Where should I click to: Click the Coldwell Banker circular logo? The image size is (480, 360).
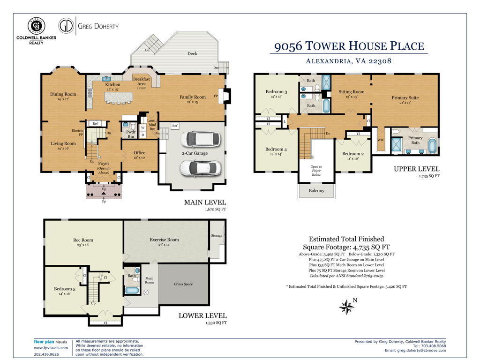click(37, 26)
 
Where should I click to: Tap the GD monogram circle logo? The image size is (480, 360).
click(66, 26)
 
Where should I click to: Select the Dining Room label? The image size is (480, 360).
click(63, 94)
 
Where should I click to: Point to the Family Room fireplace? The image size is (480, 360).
click(226, 96)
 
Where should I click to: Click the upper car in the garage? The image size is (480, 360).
click(201, 139)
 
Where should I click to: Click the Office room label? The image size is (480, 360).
click(140, 153)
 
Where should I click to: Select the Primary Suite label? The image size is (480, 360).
click(405, 97)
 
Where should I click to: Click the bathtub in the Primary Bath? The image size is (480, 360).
click(432, 146)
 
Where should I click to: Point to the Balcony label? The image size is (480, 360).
click(316, 190)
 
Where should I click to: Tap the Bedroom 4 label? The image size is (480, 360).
click(276, 149)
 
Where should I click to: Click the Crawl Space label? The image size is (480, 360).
click(183, 284)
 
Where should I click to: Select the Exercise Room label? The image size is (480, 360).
click(165, 240)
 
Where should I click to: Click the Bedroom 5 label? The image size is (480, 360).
click(65, 289)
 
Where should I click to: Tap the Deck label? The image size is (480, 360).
click(192, 53)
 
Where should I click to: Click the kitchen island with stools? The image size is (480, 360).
click(119, 98)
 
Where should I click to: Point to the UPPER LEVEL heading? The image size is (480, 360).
click(416, 169)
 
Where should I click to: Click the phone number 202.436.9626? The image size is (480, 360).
click(46, 354)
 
